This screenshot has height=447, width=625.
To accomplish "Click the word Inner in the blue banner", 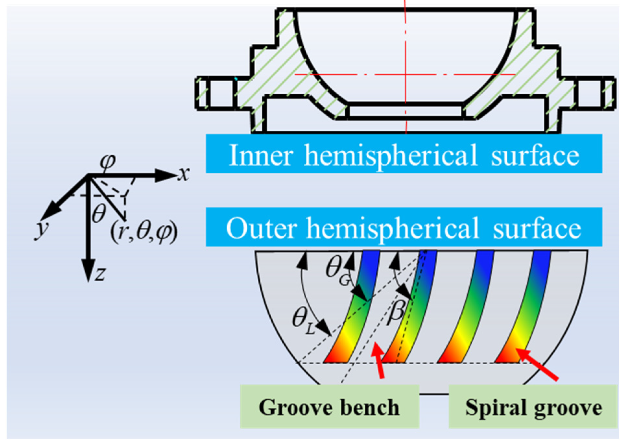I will coord(261,155).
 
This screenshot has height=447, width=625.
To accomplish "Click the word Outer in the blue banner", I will coord(261,229).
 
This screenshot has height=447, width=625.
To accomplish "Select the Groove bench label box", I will coord(329,407).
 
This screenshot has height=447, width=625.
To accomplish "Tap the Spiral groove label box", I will coord(533,407).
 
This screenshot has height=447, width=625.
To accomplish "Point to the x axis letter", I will coord(184,174).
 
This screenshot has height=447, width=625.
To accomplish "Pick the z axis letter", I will coord(100,274).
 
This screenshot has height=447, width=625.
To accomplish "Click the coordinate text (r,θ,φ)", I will coord(144,232).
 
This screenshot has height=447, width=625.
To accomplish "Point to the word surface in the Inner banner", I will coord(535,155).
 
